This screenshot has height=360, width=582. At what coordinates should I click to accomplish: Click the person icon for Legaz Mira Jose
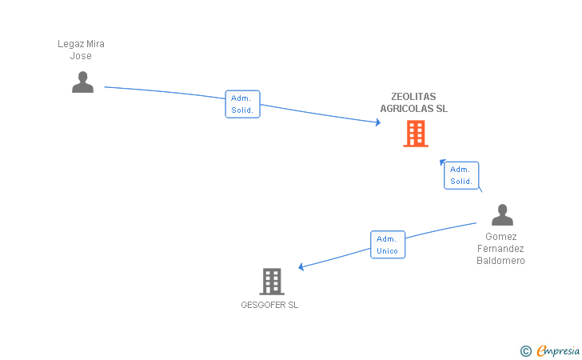82,82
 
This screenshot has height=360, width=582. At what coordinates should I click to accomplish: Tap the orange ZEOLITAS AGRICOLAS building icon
416,134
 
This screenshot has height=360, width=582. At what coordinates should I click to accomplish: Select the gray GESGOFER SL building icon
272,281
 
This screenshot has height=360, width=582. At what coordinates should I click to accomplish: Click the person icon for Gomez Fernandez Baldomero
502,215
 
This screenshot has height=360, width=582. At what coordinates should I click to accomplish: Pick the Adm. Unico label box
388,245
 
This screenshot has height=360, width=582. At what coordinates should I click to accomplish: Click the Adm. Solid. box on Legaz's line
242,104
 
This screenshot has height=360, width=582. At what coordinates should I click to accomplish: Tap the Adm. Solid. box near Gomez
461,175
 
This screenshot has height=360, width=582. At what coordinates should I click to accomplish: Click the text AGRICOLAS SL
413,108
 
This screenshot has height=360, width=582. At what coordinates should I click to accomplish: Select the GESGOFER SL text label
269,305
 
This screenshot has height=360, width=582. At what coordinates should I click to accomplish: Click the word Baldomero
500,261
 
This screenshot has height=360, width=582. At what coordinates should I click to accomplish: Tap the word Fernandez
500,249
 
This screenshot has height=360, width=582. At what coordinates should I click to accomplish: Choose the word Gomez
500,237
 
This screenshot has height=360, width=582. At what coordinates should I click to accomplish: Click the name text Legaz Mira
81,44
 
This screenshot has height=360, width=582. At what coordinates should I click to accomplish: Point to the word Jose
81,56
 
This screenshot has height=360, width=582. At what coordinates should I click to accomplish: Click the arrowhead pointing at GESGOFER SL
301,267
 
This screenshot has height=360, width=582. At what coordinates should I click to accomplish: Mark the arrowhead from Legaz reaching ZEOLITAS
377,122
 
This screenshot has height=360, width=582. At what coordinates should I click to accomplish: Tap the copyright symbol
525,350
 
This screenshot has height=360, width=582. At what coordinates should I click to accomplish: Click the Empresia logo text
558,350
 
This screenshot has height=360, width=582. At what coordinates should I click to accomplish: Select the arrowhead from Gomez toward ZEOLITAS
442,162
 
